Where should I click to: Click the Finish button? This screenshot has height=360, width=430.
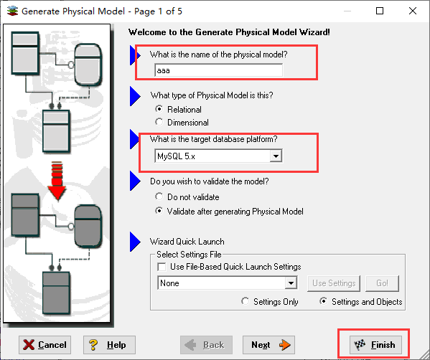point(375,345)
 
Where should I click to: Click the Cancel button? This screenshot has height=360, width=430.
point(45,345)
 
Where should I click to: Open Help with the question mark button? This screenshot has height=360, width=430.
point(109,345)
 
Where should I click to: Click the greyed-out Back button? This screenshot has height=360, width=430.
point(206,345)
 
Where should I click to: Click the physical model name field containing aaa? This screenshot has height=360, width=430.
point(218,70)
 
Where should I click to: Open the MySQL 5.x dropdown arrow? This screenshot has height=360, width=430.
point(276,156)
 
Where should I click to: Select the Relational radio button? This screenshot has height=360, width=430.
point(159,109)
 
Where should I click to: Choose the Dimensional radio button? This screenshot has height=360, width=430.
point(159,122)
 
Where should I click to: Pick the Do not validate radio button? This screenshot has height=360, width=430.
point(159,196)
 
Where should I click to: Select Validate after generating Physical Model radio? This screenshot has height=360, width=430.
point(159,211)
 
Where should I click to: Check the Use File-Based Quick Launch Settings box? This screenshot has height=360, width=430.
point(162,267)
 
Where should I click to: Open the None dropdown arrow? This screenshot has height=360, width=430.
point(291,283)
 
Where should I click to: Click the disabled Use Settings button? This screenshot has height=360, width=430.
point(334,283)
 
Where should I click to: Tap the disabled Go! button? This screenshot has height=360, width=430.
point(383,283)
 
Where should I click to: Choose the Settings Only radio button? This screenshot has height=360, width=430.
point(246,301)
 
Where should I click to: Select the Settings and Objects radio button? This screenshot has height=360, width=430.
point(324,301)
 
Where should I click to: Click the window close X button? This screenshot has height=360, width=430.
point(413,11)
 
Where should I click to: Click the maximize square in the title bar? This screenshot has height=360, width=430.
point(380,11)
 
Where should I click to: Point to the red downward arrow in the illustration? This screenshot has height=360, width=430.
point(57,181)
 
